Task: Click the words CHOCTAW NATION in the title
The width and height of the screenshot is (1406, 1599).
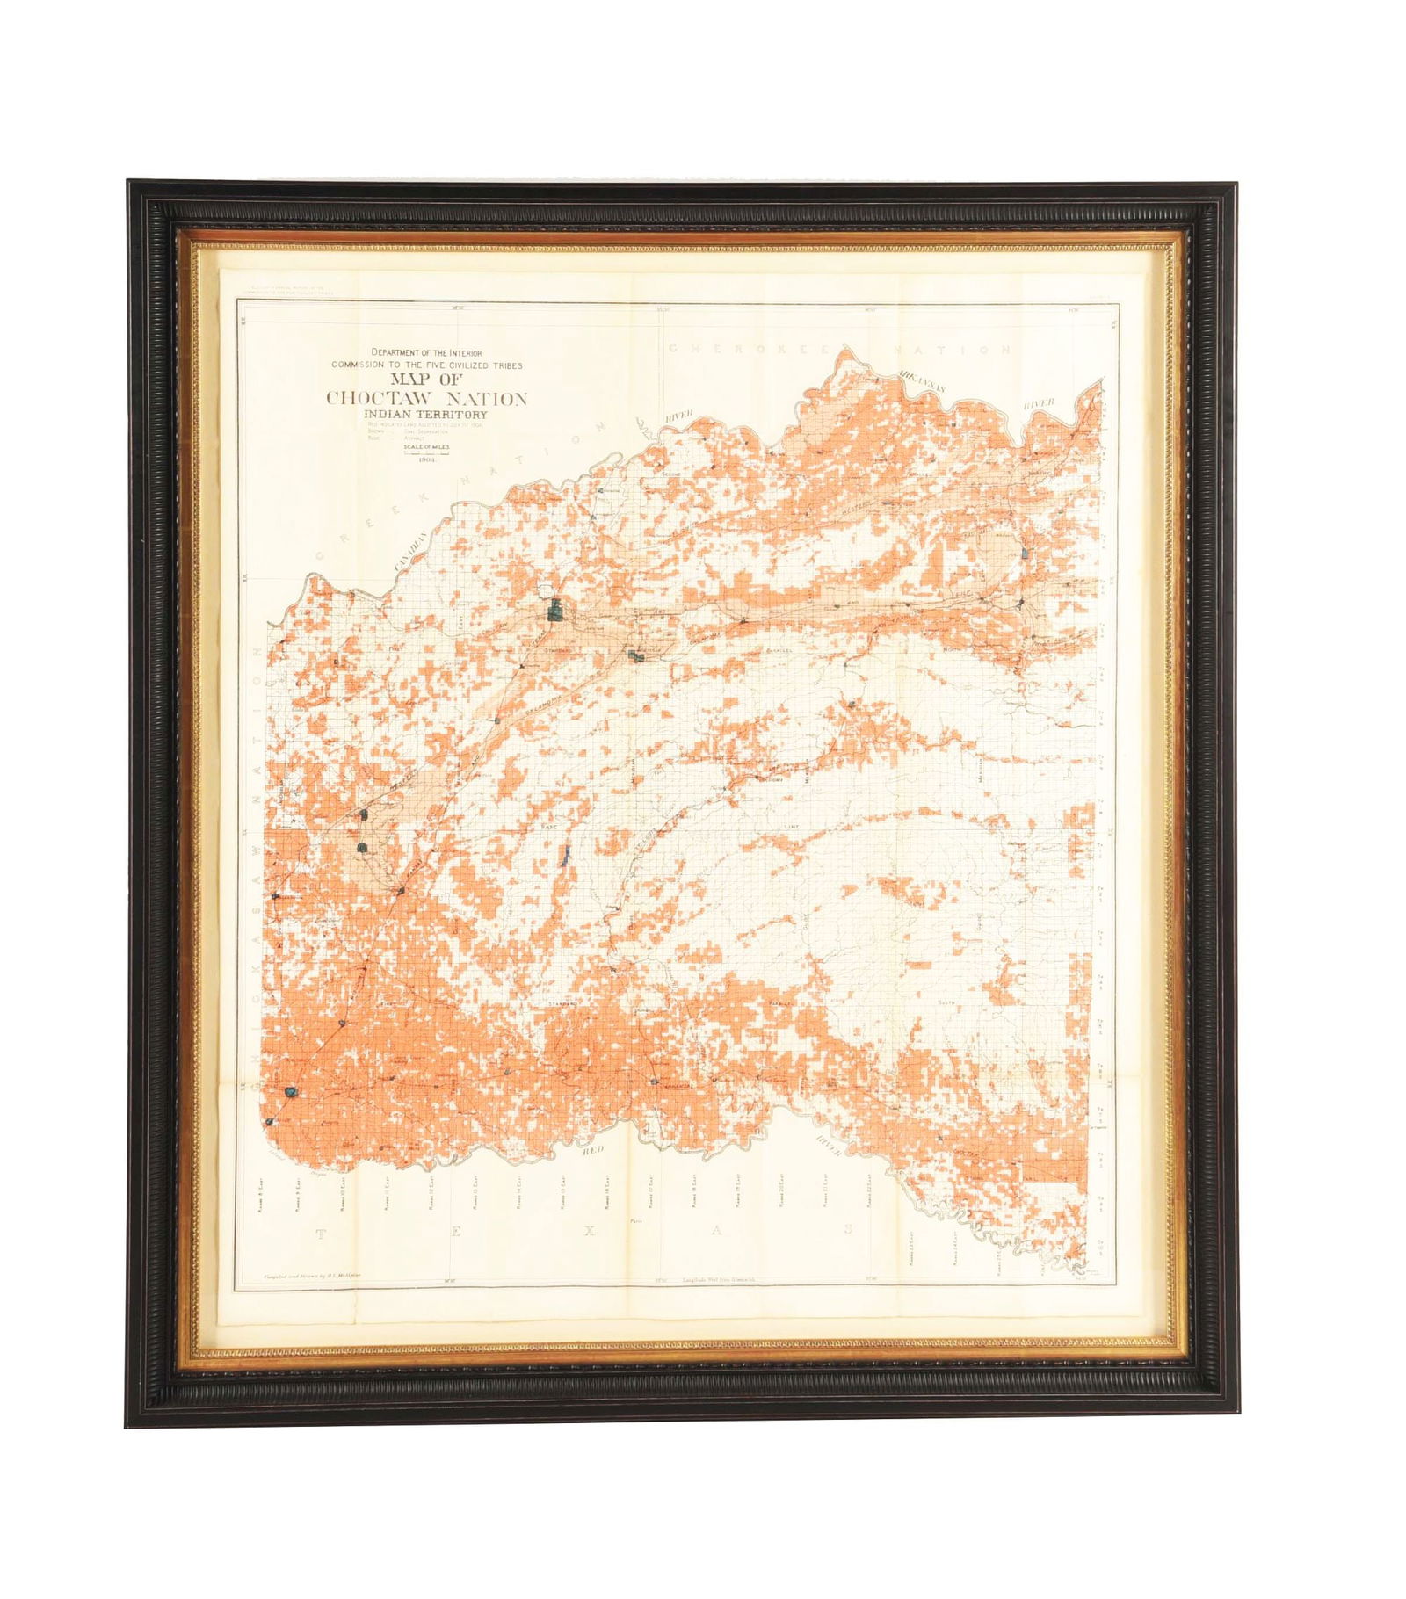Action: tap(427, 398)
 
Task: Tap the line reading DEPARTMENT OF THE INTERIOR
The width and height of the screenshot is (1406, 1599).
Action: tap(426, 352)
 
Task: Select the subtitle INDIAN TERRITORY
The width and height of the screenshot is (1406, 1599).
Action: tap(427, 415)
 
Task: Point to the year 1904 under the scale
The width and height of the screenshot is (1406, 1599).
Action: tap(427, 459)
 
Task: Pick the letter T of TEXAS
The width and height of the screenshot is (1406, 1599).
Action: tap(320, 1234)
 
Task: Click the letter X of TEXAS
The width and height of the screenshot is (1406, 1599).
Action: tap(590, 1231)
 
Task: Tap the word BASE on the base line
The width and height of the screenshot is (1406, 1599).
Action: tap(549, 828)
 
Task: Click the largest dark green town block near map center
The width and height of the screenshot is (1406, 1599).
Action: tap(554, 609)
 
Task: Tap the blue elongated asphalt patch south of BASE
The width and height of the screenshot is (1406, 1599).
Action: tap(566, 852)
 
